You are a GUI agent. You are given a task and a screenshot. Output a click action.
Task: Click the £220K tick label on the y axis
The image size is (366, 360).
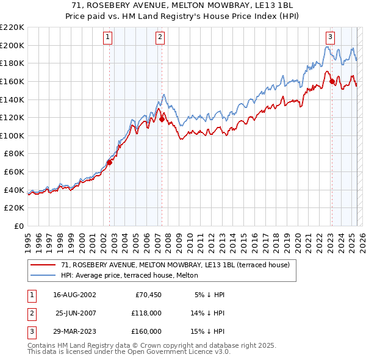(x=12, y=27)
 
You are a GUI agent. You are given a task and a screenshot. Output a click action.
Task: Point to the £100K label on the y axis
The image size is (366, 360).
(x=12, y=135)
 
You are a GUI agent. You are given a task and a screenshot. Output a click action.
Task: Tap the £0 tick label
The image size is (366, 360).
(x=20, y=226)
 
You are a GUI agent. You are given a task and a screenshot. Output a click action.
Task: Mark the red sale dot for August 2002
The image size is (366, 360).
(x=110, y=162)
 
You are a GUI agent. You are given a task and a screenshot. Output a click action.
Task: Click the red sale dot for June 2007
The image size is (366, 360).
(x=162, y=120)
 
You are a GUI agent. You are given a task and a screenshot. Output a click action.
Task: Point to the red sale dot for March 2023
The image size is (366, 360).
(x=332, y=81)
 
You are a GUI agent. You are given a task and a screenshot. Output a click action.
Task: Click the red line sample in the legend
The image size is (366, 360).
(x=43, y=265)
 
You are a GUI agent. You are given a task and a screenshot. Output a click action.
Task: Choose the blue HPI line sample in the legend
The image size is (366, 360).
(x=43, y=275)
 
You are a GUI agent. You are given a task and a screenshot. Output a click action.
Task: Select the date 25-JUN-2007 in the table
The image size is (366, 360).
(x=76, y=313)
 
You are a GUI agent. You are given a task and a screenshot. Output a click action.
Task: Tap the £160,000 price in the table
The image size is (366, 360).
(x=147, y=331)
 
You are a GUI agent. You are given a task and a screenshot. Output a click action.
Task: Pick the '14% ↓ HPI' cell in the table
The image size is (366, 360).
(x=208, y=313)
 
